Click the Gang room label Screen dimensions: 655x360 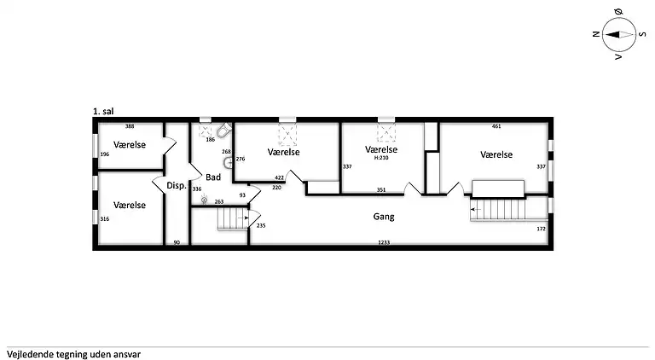(x=384, y=217)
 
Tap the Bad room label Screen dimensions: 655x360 (x=213, y=177)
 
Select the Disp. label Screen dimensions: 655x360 (x=177, y=186)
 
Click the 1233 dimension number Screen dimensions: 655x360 (x=384, y=242)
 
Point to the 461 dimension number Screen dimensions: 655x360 (x=496, y=126)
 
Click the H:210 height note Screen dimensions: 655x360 (x=381, y=158)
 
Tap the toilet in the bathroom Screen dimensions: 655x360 (x=225, y=130)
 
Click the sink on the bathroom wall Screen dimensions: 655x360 (x=228, y=162)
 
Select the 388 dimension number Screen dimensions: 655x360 (x=130, y=126)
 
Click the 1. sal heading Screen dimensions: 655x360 (x=103, y=112)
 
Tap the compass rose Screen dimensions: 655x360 (x=619, y=34)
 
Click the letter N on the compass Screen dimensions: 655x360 (x=596, y=34)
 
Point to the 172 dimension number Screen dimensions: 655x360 (x=541, y=229)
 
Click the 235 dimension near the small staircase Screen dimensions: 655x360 (x=261, y=225)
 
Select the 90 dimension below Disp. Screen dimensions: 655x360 (x=177, y=242)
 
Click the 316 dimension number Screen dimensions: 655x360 (x=104, y=219)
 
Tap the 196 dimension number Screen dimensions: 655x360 (x=104, y=154)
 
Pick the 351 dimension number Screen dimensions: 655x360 (x=381, y=190)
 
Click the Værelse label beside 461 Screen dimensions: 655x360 (x=496, y=154)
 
